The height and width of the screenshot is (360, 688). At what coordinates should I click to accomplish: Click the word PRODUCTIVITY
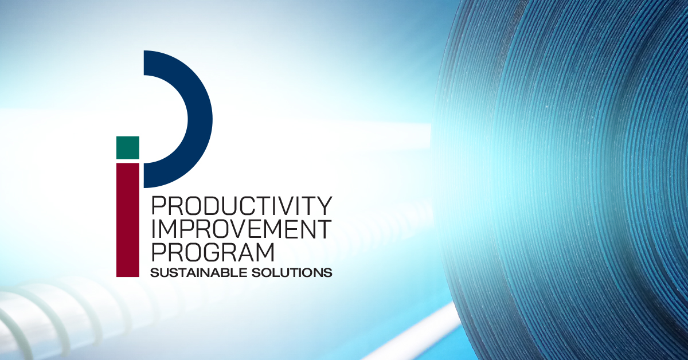click(x=242, y=206)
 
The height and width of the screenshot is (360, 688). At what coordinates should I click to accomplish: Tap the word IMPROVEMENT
click(x=242, y=229)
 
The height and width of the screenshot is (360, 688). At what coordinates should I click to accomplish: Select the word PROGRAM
click(x=213, y=253)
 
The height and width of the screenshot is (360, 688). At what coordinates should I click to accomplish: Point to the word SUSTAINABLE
click(x=199, y=273)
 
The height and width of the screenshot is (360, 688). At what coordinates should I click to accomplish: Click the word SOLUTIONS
click(x=292, y=273)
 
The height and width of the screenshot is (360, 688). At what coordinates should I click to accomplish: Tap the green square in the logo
click(x=128, y=148)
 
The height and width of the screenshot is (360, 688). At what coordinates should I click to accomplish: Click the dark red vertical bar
click(x=128, y=220)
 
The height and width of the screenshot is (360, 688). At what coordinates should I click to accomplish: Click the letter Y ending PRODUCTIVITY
click(x=325, y=206)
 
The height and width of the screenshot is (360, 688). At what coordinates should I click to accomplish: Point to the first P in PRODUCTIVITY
click(x=159, y=206)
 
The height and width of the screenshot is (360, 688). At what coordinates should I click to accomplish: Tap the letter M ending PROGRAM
click(x=265, y=253)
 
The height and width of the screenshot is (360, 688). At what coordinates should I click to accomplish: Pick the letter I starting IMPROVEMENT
click(x=154, y=229)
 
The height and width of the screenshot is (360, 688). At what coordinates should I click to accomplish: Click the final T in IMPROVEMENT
click(x=324, y=229)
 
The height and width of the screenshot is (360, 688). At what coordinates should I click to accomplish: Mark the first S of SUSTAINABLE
click(x=154, y=273)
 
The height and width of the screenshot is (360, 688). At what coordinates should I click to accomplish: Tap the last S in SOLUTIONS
click(x=328, y=273)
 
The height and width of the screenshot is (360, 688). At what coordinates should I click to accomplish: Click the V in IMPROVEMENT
click(x=238, y=229)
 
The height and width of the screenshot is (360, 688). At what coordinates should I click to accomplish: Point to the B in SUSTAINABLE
click(x=226, y=273)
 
